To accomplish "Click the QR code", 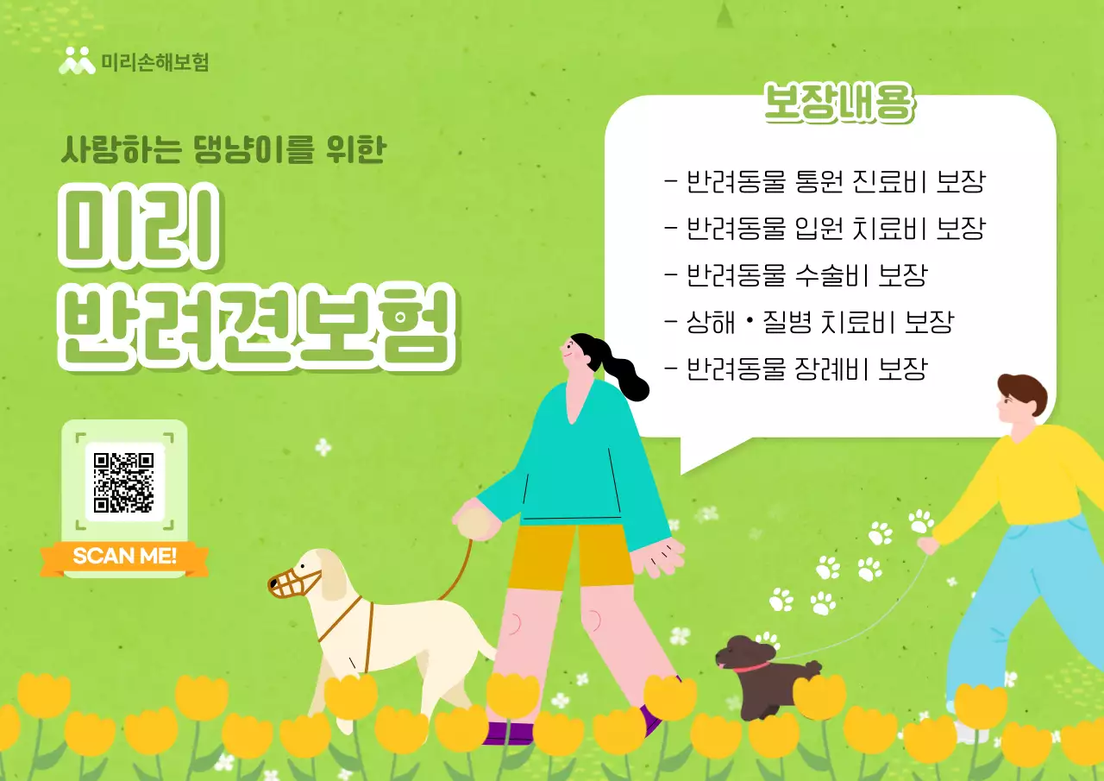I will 124,482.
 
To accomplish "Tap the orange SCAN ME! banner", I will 124,556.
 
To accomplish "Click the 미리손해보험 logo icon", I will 77,61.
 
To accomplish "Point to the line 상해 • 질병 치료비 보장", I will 809,323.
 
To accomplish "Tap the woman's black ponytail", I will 623,367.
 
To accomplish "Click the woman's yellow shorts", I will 570,556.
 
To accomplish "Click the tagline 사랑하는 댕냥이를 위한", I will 223,149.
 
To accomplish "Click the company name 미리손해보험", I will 154,62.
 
